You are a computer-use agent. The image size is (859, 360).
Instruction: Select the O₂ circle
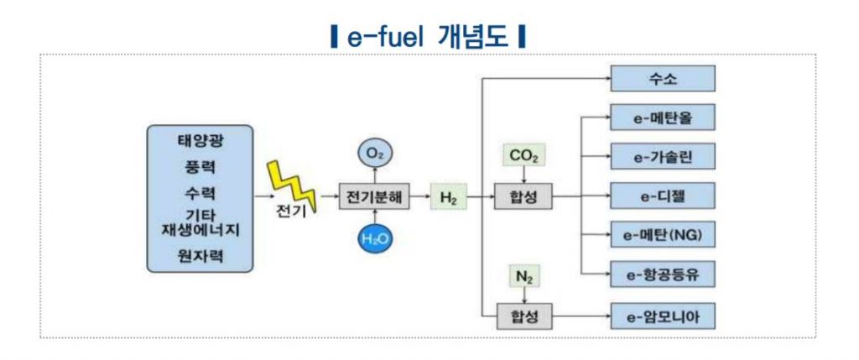(375, 154)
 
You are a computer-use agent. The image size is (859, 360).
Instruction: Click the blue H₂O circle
(375, 239)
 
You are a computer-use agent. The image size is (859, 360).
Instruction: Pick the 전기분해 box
(375, 197)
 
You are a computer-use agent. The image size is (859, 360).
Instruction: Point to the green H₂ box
(448, 197)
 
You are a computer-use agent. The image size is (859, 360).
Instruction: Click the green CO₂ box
(523, 155)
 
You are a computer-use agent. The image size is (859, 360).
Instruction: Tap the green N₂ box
(523, 274)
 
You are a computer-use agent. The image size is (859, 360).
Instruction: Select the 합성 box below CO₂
(524, 197)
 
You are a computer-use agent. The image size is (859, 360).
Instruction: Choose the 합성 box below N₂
(524, 316)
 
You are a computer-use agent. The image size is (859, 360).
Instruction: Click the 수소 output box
(663, 79)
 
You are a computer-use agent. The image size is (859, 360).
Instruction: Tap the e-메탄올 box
(663, 117)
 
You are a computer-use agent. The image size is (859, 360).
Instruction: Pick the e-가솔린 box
(663, 156)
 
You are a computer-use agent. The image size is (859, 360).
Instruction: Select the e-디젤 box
(663, 196)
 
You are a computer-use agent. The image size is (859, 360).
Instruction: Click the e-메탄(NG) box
(663, 235)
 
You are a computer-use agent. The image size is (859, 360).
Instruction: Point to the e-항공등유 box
(663, 274)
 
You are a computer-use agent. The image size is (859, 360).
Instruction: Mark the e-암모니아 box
(663, 316)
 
